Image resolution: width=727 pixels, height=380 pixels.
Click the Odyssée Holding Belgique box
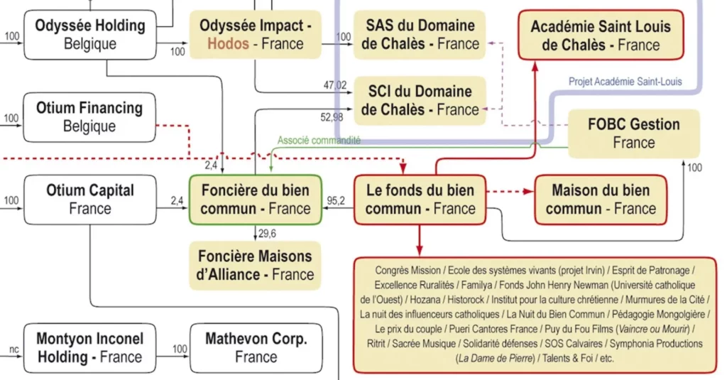click(x=89, y=34)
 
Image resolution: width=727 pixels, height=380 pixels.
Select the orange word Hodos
click(x=228, y=44)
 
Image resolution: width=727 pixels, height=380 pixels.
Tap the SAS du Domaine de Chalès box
click(x=419, y=34)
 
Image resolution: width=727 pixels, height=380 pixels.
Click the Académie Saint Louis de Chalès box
click(x=601, y=36)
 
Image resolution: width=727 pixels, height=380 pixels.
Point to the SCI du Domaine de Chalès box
click(x=419, y=100)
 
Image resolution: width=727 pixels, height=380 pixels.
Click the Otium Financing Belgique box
click(x=89, y=116)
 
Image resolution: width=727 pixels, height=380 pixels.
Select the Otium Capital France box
click(x=89, y=199)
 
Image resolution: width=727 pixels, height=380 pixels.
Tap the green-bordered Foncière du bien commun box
click(x=255, y=200)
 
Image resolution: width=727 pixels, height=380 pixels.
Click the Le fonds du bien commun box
click(x=420, y=200)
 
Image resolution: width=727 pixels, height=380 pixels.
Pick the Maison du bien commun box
click(x=601, y=200)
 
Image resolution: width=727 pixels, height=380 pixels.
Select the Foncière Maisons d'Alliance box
click(x=255, y=264)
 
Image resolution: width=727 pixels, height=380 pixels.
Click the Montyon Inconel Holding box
click(x=89, y=347)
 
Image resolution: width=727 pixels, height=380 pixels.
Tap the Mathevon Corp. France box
click(x=256, y=347)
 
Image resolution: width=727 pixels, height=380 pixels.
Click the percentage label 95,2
click(x=337, y=201)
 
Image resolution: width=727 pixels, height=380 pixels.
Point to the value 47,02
click(x=335, y=85)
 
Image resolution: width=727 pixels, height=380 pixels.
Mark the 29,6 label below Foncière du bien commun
click(x=268, y=233)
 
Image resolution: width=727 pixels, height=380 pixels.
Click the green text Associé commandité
click(x=319, y=141)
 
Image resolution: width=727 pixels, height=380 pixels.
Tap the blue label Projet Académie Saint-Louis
click(x=625, y=82)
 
